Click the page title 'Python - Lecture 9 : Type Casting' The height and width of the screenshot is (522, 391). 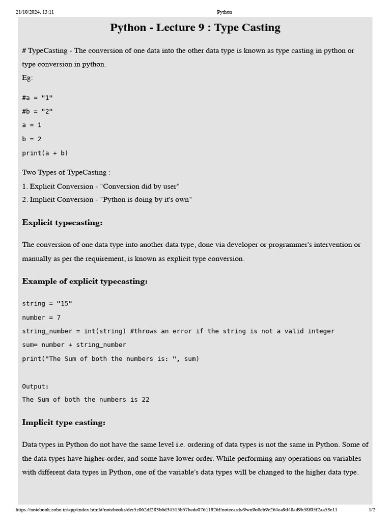(x=195, y=28)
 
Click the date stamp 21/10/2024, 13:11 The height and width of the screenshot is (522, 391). (x=35, y=12)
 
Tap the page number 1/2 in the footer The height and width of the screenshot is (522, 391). (x=372, y=509)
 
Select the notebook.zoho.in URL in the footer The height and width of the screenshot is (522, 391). (x=176, y=509)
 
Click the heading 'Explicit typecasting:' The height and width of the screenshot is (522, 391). (x=62, y=223)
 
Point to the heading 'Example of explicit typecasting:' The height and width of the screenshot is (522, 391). (x=85, y=281)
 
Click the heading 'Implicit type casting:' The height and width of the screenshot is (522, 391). (x=64, y=423)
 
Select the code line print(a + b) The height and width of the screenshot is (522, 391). (x=45, y=153)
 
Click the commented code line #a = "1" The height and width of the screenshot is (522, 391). (x=37, y=98)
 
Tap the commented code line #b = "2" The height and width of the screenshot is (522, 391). (x=37, y=112)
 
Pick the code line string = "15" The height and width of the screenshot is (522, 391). (x=47, y=304)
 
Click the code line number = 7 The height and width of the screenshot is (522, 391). (x=41, y=318)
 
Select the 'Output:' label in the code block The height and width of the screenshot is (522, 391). (x=36, y=386)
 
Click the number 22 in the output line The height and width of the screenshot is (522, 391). (x=145, y=400)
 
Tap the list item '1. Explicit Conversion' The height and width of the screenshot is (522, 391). (x=100, y=187)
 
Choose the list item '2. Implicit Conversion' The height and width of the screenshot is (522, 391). (x=107, y=199)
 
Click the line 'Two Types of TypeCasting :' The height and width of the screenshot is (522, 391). (x=66, y=172)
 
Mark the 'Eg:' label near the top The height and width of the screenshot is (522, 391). (x=27, y=77)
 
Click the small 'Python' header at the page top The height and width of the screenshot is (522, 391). (x=224, y=12)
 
